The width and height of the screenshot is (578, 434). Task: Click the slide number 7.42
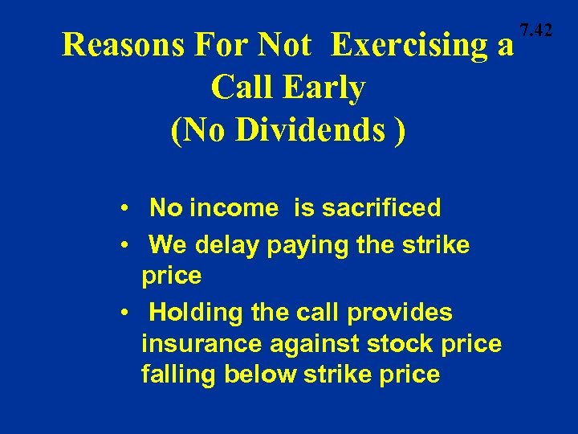click(x=536, y=31)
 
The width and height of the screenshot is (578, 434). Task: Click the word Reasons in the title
click(x=120, y=46)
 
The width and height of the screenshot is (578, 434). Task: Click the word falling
click(x=176, y=375)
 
